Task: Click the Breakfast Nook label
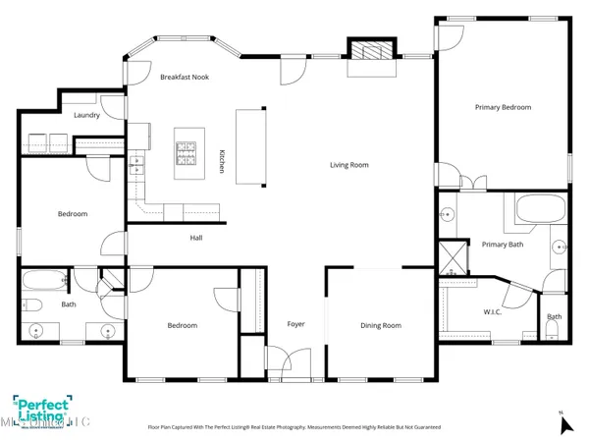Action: click(186, 77)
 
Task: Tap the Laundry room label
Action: click(88, 114)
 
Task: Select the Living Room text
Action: click(348, 165)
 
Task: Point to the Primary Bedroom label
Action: click(502, 106)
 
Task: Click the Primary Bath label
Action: click(502, 245)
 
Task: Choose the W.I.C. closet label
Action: click(493, 313)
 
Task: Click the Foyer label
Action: click(295, 324)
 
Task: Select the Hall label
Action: click(196, 238)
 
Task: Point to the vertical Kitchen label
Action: click(223, 162)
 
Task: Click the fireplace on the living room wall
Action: click(372, 52)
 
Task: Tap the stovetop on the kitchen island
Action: click(186, 153)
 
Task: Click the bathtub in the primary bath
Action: click(540, 208)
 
